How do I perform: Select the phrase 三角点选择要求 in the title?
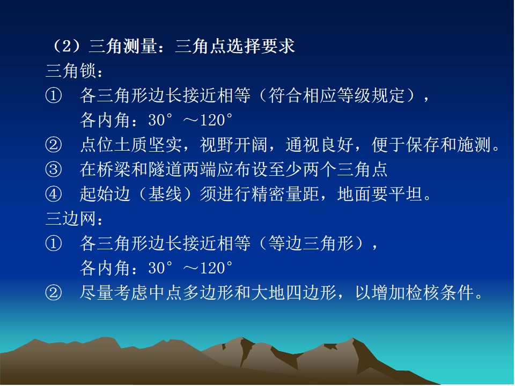point(235,46)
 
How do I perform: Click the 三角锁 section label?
point(71,71)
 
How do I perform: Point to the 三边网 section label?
point(71,219)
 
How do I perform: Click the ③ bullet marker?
point(54,169)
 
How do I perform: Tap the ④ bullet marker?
point(54,194)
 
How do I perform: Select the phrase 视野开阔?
point(233,145)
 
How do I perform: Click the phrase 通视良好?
point(320,145)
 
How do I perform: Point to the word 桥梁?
point(114,169)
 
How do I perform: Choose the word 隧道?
point(165,169)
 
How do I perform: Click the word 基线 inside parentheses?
point(165,194)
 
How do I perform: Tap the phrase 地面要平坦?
point(380,194)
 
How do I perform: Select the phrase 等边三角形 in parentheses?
point(311,243)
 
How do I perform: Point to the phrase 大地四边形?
point(293,293)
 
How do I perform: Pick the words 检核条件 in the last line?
point(439,293)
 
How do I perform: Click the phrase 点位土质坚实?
point(131,145)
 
